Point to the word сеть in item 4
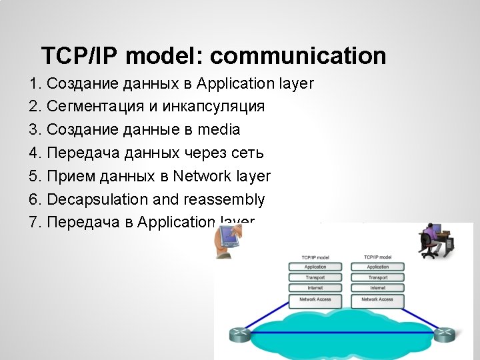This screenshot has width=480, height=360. (247, 153)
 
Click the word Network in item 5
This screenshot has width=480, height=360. (201, 176)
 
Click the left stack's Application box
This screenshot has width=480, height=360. (315, 267)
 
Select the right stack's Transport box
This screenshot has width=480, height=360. (377, 277)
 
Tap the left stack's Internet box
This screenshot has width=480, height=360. (315, 288)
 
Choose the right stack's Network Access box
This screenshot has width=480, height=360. (377, 299)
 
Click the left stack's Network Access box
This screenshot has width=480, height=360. (315, 299)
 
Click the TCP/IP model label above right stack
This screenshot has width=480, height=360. (377, 257)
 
